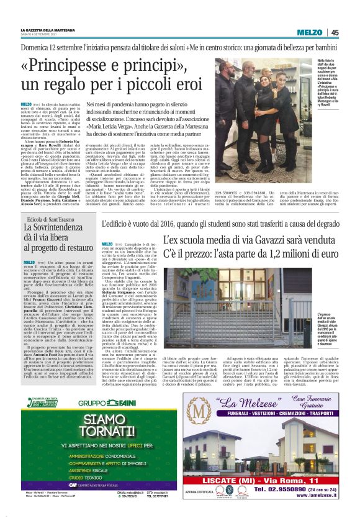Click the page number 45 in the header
[x=335, y=32]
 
